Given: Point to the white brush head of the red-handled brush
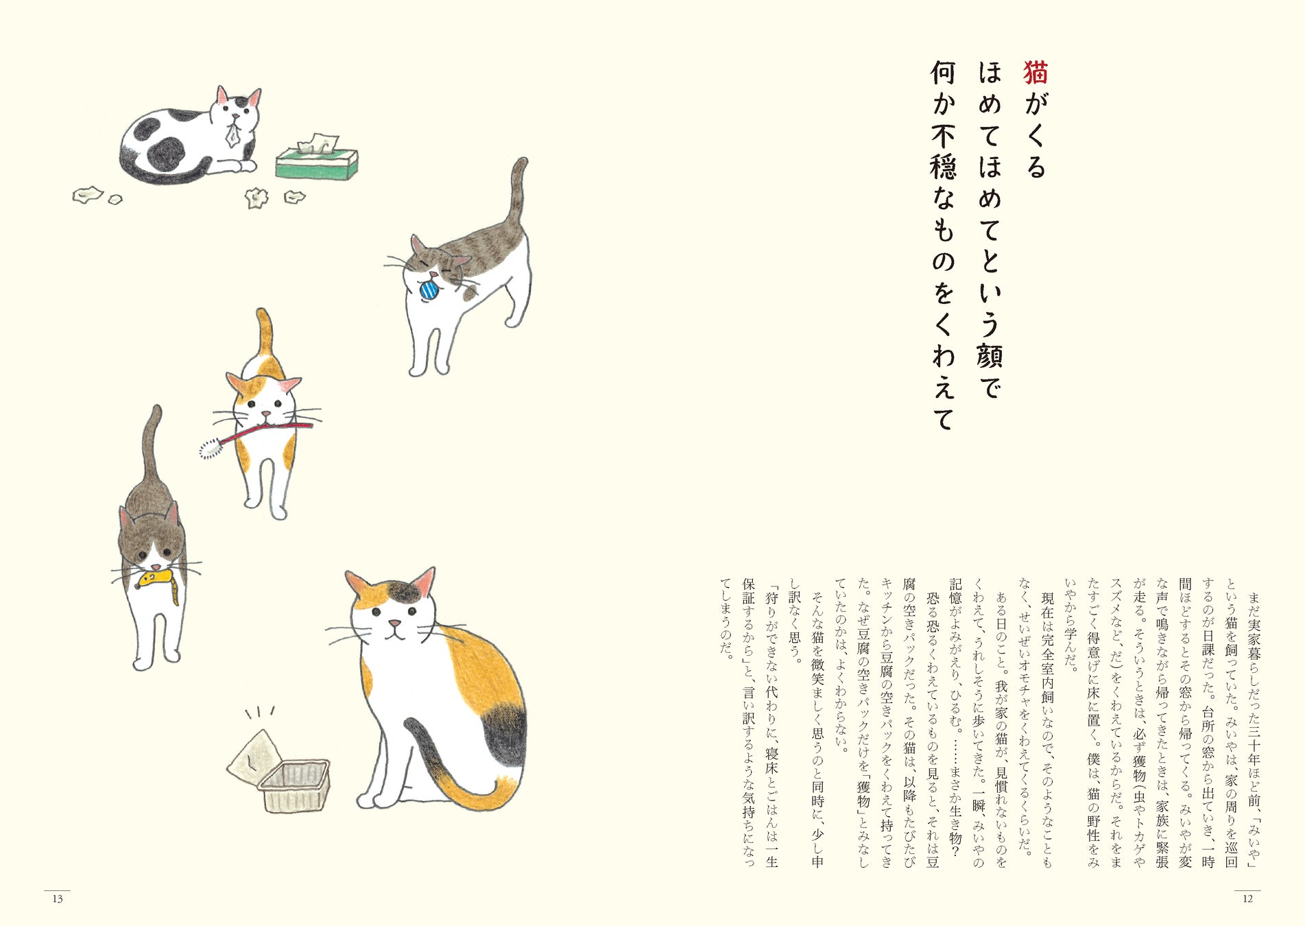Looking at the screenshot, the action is (210, 449).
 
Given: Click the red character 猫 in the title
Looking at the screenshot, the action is (1035, 73).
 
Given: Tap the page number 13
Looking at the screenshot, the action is (58, 899).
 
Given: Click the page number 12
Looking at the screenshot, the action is (1247, 899).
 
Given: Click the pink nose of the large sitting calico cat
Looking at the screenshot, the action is (395, 624).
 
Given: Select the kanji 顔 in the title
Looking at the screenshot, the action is (990, 356).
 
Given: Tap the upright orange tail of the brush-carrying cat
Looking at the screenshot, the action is (265, 337).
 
